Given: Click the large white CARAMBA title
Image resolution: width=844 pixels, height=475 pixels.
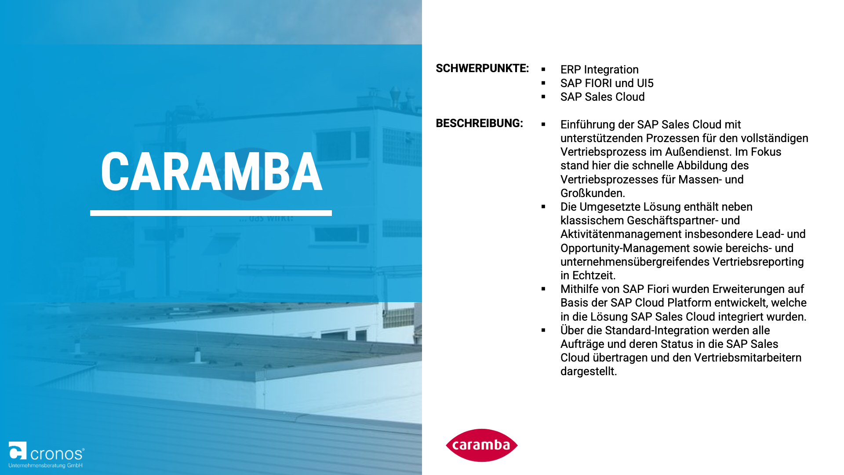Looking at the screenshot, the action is point(211,172).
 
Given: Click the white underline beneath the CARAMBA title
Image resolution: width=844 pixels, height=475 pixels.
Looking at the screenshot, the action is point(211,213).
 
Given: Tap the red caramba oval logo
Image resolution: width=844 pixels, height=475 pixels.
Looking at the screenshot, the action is point(482,445).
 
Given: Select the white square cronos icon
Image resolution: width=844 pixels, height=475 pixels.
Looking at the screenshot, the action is point(18,451).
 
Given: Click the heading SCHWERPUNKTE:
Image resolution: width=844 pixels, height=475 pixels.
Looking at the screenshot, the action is point(482,69).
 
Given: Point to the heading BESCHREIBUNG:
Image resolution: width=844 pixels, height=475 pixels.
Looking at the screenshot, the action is point(479,124).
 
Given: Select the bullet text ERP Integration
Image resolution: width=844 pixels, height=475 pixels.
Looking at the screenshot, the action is point(599,70).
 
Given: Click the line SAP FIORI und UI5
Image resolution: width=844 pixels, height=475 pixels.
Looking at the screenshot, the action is point(607,84).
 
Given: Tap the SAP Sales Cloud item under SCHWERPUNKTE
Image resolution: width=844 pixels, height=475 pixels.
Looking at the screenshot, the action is point(602,97).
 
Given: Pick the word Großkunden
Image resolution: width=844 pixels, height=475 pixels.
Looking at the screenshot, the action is point(593,194).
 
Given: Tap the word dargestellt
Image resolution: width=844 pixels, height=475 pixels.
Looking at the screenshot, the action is point(589,372).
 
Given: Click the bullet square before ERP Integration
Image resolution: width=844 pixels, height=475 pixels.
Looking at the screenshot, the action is point(543,69).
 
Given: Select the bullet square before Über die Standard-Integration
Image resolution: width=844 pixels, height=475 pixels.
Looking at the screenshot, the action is point(543,330).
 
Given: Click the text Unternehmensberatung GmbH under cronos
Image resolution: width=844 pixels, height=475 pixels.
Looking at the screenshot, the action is point(46,465).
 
